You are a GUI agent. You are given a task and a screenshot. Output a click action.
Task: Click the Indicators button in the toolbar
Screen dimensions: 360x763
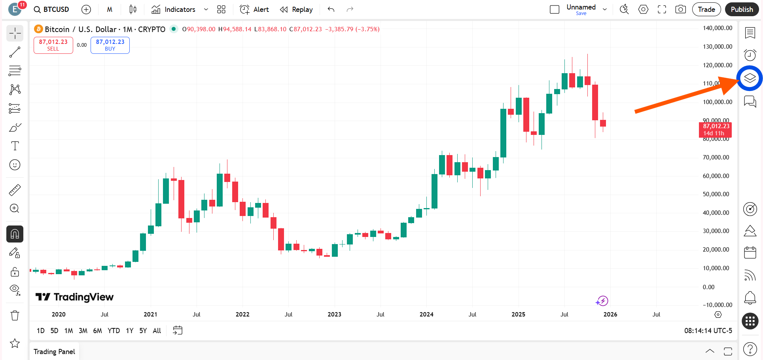pos(174,9)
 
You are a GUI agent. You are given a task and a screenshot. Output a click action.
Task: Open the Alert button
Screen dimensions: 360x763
pos(254,9)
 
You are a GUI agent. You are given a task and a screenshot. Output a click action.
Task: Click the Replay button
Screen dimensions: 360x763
pos(296,9)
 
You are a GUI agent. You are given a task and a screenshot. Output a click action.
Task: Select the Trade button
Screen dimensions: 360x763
pos(706,9)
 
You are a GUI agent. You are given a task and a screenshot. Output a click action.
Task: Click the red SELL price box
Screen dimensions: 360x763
pos(53,45)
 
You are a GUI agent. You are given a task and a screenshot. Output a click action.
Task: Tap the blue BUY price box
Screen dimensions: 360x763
pos(110,45)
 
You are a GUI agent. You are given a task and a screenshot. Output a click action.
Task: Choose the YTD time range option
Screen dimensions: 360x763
pos(114,331)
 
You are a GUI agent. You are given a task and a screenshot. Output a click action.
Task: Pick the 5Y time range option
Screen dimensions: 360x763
pos(143,331)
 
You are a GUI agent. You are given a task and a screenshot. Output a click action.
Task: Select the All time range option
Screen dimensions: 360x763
pos(157,331)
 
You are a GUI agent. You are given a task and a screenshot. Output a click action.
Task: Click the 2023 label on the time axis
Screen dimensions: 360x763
pos(334,315)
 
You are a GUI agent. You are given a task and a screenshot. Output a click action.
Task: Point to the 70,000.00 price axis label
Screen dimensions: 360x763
pos(716,157)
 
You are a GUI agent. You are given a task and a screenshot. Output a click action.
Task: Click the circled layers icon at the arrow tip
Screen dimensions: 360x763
pos(750,78)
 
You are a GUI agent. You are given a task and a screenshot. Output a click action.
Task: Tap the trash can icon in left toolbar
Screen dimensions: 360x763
pos(15,316)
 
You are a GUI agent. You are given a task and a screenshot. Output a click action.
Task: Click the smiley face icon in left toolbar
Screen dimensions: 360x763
pos(15,165)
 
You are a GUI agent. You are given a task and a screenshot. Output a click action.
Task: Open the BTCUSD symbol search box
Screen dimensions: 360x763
pos(51,9)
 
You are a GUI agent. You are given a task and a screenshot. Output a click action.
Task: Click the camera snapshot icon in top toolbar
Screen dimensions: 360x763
pos(680,9)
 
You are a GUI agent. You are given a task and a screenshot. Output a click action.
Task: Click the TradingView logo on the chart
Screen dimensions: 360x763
pos(74,297)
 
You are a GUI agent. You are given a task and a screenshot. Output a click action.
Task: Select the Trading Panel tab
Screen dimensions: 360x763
pos(54,352)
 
